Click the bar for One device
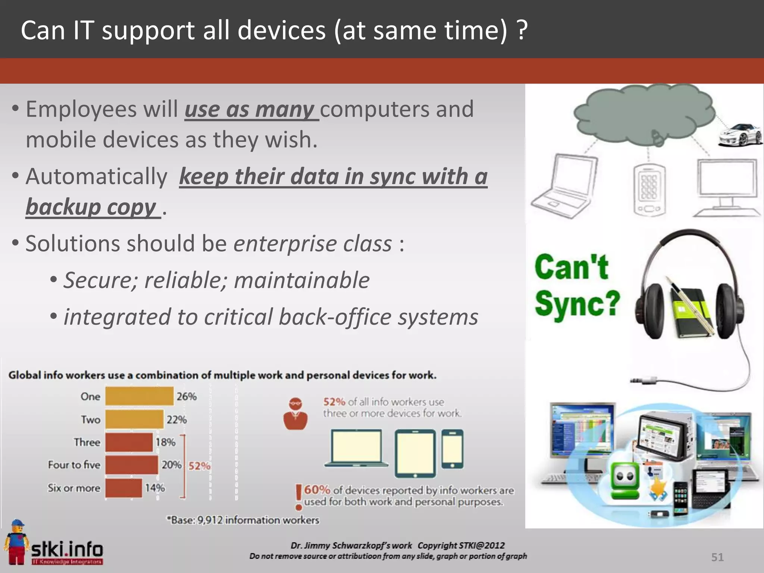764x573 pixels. coord(139,396)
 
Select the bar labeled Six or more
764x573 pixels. coord(123,488)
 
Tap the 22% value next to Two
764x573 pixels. coord(176,420)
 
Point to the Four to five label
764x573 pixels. coord(74,465)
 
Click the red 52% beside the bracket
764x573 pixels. coord(199,466)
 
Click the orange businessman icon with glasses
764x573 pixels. coord(295,414)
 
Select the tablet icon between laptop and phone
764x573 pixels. coord(415,453)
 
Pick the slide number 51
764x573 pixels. coord(717,557)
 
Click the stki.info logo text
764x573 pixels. coord(67,549)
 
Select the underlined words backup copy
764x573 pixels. coord(91,207)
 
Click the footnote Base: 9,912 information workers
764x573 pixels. coord(243,520)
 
